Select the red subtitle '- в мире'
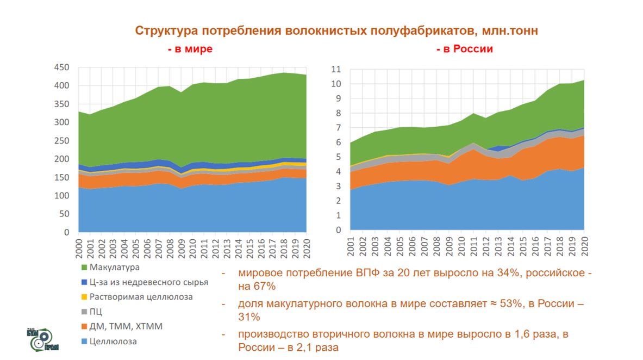(x=190, y=49)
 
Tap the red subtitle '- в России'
(x=464, y=49)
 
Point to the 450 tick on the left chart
(x=61, y=67)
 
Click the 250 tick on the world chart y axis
(x=61, y=141)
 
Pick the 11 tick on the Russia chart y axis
(x=335, y=70)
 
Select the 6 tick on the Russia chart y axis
(x=336, y=142)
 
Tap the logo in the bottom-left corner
(x=42, y=339)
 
